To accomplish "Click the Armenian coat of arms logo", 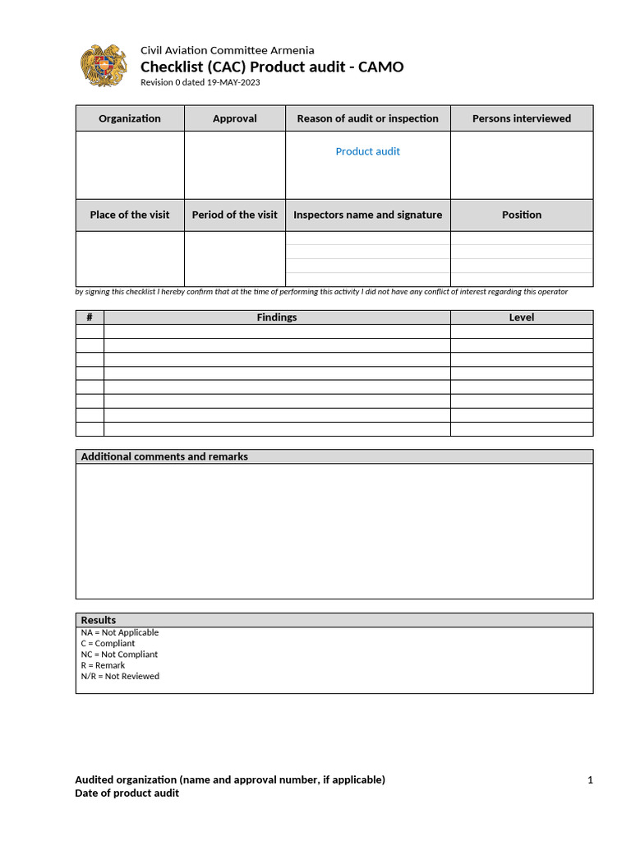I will click(x=104, y=67).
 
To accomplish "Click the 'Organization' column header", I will click(x=130, y=118).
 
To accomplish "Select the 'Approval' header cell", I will click(x=235, y=118).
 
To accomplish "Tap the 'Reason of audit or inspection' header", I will click(x=367, y=118).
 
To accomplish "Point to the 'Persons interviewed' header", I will click(x=522, y=118).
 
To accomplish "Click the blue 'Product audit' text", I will click(x=367, y=151).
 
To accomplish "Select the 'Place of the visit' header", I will click(x=130, y=215).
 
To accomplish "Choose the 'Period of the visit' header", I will click(x=235, y=215).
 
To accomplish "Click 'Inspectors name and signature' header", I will click(x=367, y=215).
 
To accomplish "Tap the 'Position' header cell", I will click(x=522, y=215).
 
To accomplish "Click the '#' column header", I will click(x=90, y=317).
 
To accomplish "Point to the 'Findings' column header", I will click(x=277, y=317).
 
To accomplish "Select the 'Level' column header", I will click(x=522, y=317).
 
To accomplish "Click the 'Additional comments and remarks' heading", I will click(x=164, y=456).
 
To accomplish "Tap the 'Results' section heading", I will click(x=99, y=620).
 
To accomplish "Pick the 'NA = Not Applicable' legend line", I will click(x=120, y=632).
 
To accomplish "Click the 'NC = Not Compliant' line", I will click(x=119, y=655).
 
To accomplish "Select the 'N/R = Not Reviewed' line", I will click(x=120, y=676).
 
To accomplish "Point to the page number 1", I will click(x=590, y=780).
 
